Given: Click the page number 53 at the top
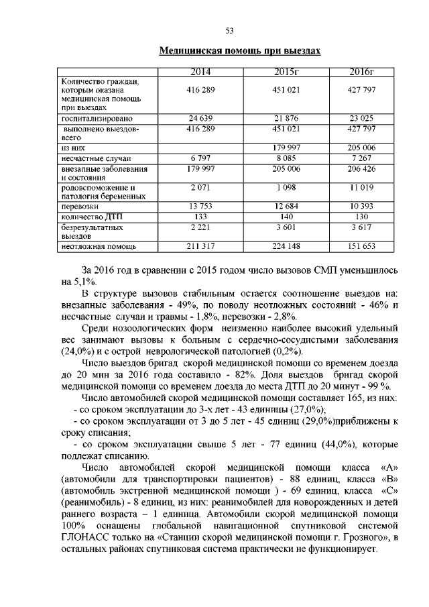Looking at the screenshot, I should (228, 30).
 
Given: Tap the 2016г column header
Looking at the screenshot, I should (362, 72).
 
